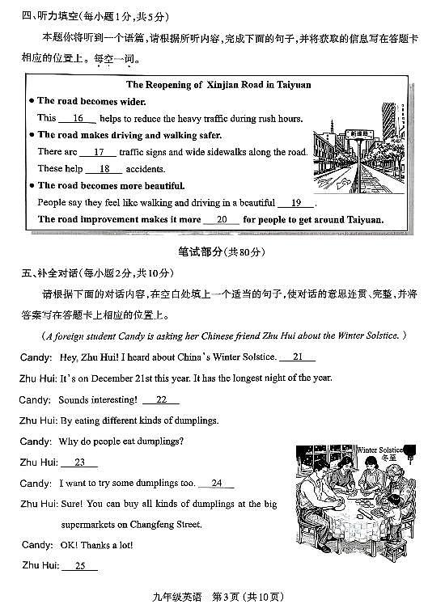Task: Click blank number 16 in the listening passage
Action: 78,118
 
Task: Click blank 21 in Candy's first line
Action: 298,357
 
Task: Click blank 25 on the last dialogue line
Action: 79,566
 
